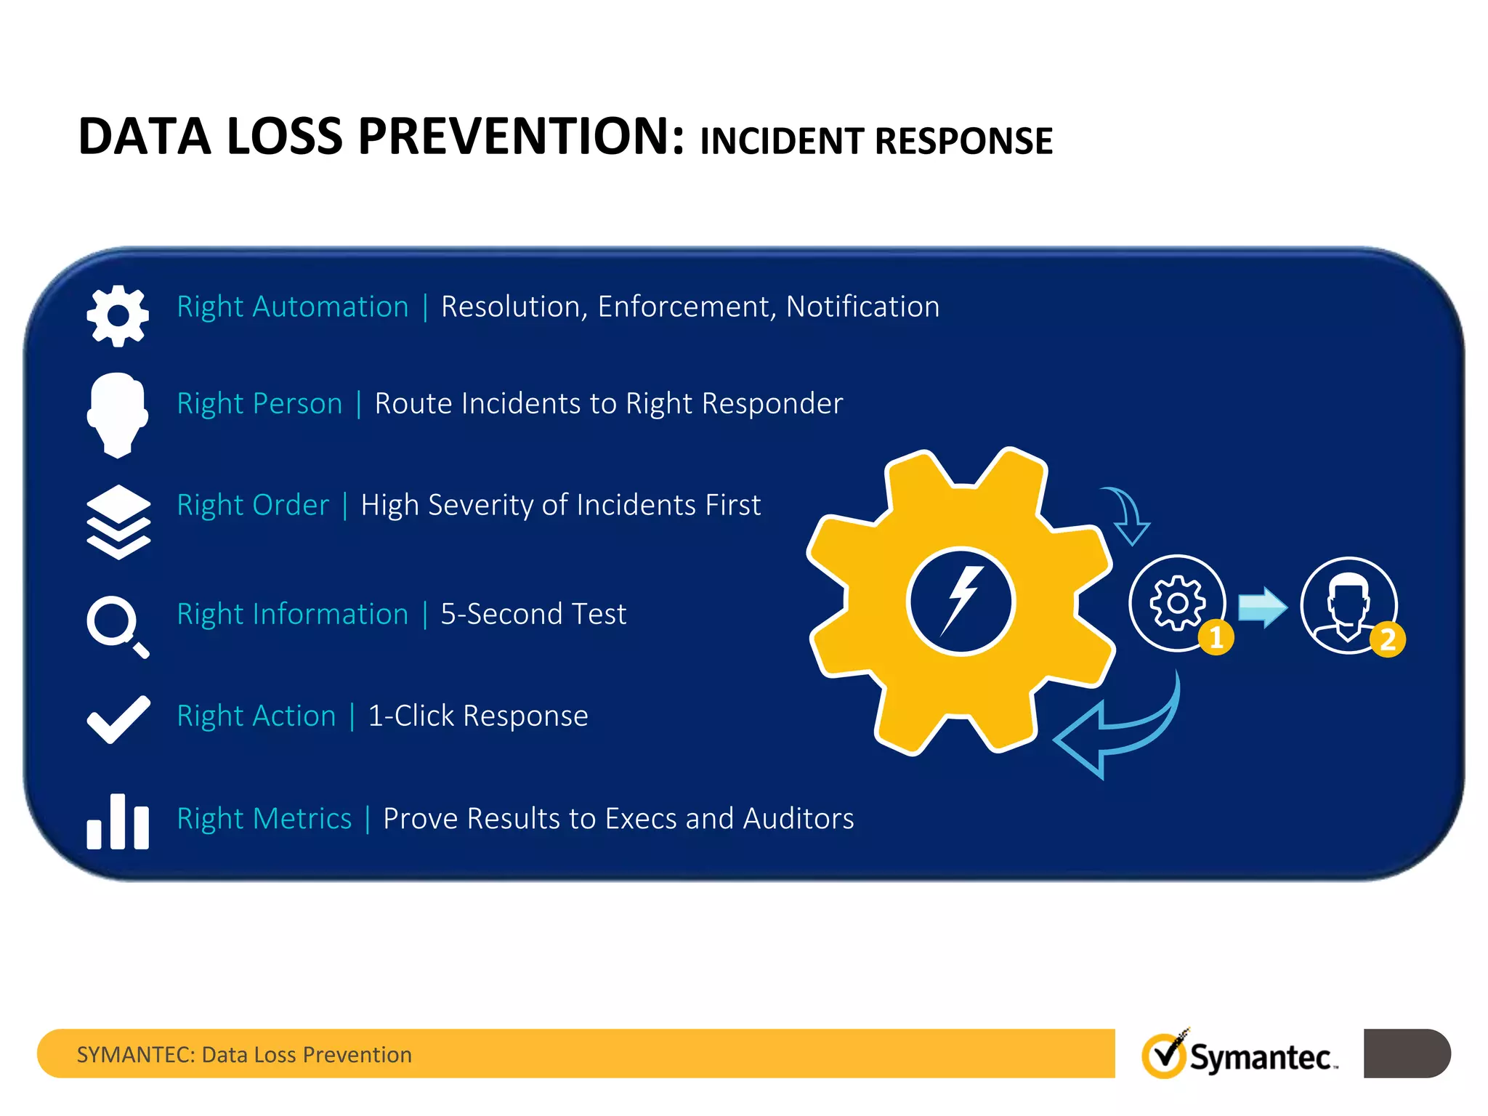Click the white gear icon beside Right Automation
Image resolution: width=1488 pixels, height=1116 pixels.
pos(118,315)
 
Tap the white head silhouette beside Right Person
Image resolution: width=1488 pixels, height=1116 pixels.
pos(117,414)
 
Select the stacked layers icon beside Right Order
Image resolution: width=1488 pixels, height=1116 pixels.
pos(118,522)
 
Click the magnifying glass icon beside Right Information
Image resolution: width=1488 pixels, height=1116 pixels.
pos(116,626)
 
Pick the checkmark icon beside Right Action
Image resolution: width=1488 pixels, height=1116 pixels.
pos(118,719)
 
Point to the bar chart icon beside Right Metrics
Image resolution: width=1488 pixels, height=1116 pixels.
pos(118,823)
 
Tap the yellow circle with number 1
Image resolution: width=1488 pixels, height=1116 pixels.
pos(1216,638)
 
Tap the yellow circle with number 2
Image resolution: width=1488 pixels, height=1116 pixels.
pos(1388,640)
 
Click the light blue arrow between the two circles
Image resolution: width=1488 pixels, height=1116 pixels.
pos(1262,607)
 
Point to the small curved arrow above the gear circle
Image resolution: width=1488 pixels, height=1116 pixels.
pos(1128,516)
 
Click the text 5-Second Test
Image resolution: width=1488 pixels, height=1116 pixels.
pos(533,614)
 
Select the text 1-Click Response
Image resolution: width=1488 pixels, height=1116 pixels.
pos(477,716)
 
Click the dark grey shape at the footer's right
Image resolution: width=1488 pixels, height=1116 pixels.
pos(1406,1053)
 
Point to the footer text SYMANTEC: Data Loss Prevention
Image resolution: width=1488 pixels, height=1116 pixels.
pos(244,1054)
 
